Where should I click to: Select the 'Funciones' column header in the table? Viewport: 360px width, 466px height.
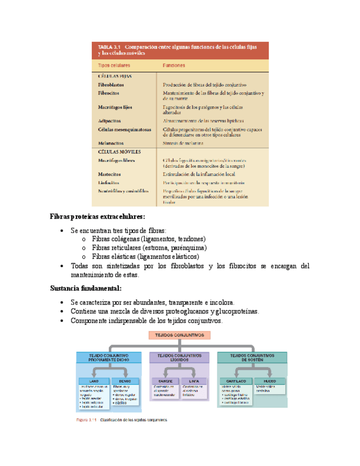click(x=174, y=65)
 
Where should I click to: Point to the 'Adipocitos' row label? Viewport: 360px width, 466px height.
click(x=109, y=120)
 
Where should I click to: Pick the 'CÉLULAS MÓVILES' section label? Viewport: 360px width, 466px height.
click(x=119, y=151)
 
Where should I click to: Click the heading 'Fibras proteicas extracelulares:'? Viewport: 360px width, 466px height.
click(x=97, y=217)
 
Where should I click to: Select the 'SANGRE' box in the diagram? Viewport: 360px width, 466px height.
click(x=165, y=380)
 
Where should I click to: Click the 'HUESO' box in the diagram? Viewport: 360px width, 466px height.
click(x=270, y=380)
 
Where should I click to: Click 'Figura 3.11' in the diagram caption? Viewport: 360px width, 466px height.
click(x=86, y=420)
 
